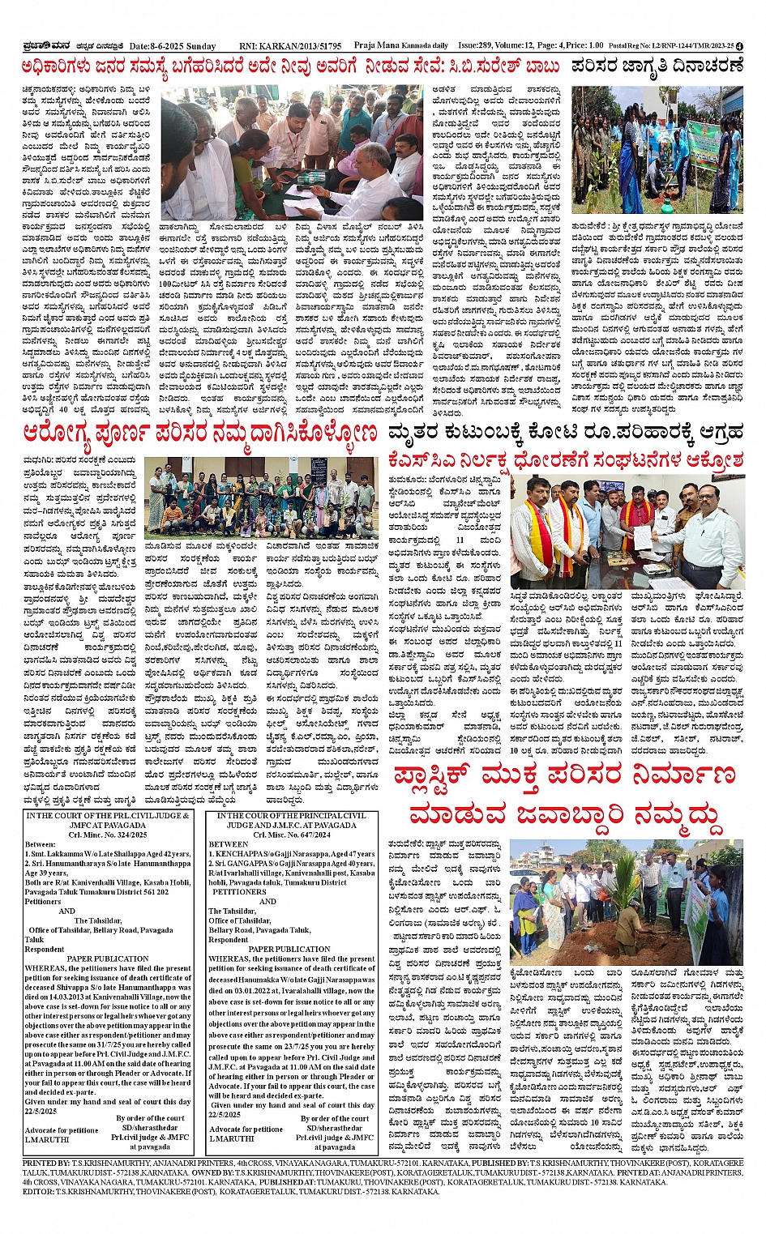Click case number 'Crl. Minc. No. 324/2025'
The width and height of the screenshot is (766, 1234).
click(108, 835)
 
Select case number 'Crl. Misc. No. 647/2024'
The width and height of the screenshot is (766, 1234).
click(292, 835)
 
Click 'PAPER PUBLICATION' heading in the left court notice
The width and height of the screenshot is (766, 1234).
click(108, 959)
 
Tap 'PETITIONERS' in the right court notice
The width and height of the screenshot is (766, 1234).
click(239, 891)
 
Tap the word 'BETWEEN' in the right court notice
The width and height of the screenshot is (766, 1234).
click(229, 844)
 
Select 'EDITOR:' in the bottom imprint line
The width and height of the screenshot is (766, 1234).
click(39, 1192)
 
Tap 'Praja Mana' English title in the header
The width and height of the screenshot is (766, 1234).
click(378, 46)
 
